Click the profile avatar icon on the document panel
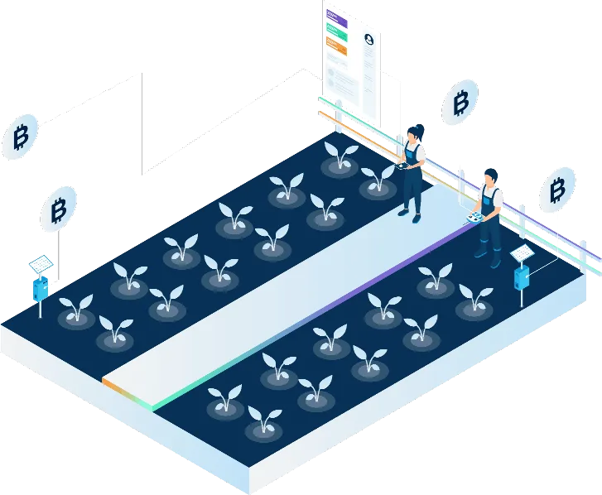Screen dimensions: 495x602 369,39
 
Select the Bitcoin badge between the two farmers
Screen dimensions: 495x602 460,103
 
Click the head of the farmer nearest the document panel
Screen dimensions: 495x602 417,133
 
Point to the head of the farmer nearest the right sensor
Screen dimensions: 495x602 491,177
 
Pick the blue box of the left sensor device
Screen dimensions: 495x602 39,289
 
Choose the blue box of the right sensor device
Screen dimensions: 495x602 522,277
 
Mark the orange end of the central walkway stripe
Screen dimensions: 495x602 108,385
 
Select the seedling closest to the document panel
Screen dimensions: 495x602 340,155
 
